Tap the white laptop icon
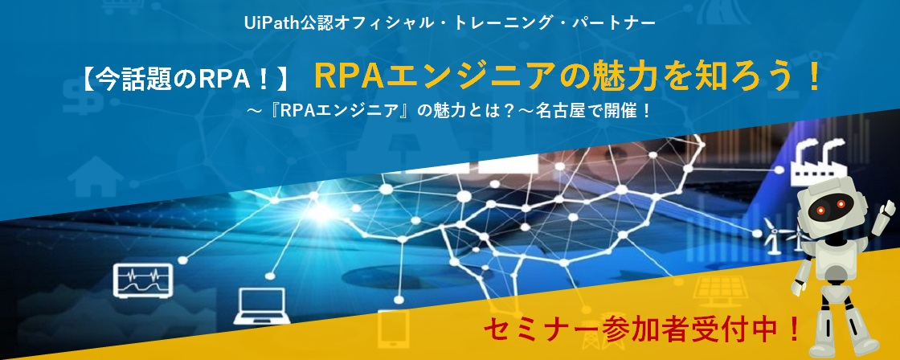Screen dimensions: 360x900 pyautogui.click(x=260, y=305)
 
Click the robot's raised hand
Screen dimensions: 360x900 pyautogui.click(x=889, y=204)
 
